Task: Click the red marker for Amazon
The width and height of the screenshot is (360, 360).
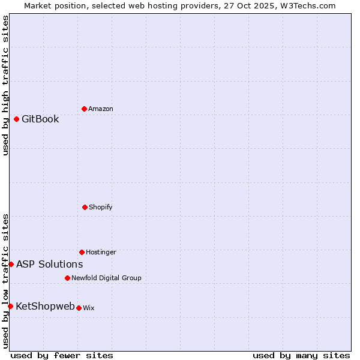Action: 84,109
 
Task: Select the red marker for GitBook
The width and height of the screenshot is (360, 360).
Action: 16,119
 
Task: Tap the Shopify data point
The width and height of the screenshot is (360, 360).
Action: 85,207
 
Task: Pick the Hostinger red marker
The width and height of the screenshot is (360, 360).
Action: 82,252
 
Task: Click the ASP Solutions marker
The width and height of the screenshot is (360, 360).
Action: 11,264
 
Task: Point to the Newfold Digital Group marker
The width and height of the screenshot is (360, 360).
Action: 67,278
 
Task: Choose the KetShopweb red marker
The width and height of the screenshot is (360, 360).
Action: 10,306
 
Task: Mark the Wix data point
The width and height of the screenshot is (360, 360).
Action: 79,308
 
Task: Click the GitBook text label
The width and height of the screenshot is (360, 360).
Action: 40,119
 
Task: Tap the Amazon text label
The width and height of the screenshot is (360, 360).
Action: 101,109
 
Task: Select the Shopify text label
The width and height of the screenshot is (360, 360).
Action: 101,207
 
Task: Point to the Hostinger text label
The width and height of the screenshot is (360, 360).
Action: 101,252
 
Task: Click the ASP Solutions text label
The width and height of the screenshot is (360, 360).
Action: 49,264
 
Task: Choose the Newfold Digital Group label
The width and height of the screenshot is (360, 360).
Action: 106,278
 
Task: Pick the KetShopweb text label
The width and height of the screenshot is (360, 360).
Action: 45,306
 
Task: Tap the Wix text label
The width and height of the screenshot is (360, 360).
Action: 89,308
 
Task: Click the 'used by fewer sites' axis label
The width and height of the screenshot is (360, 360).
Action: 62,355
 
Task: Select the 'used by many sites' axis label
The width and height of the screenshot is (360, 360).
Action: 301,355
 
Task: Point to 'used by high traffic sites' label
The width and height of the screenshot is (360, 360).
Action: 5,85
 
